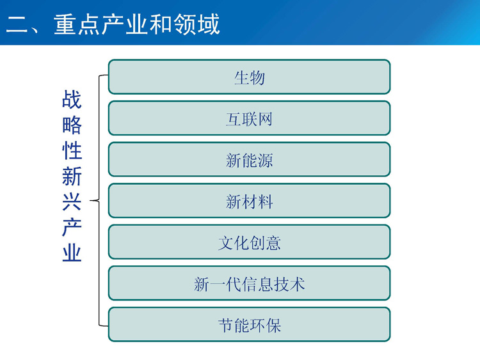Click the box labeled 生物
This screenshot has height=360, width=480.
(249, 77)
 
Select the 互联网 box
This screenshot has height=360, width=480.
(249, 118)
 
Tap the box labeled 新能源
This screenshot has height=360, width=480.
(249, 159)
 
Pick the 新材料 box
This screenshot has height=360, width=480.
(249, 201)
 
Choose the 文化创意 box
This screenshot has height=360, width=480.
(249, 242)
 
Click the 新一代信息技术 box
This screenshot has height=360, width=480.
(249, 283)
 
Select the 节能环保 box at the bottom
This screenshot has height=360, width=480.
(249, 325)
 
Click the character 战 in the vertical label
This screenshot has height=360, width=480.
(72, 99)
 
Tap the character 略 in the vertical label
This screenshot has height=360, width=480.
(72, 125)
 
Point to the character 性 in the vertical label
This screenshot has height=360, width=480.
(72, 150)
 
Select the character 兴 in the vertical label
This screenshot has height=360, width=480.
(72, 202)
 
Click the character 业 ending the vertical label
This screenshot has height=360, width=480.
(72, 253)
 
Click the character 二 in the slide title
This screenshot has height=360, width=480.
(17, 24)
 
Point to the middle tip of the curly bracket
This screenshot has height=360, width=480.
(90, 201)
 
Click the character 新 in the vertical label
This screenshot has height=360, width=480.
(72, 176)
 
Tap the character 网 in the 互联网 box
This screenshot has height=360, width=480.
(265, 119)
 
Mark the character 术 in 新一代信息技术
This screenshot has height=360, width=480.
(297, 284)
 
